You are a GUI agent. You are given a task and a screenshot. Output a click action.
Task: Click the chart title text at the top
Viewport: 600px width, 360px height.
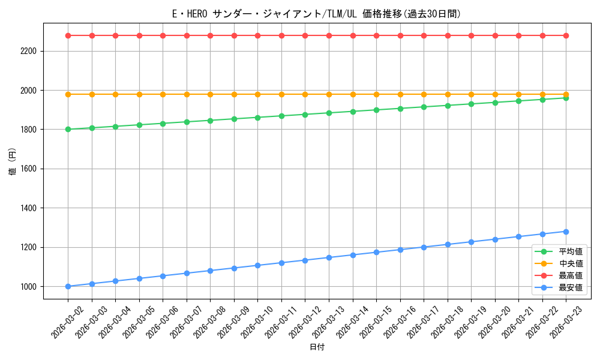pos(316,14)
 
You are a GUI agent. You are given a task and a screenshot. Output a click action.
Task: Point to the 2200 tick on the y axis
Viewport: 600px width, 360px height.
pos(29,51)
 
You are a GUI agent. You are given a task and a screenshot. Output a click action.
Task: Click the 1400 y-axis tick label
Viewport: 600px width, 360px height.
pos(29,208)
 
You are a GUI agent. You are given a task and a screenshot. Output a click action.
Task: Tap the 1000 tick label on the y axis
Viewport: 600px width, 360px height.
pos(29,287)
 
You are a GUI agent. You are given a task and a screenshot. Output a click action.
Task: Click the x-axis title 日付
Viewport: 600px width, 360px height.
pos(317,347)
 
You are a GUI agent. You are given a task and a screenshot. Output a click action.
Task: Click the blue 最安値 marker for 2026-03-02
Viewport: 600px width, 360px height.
pos(68,286)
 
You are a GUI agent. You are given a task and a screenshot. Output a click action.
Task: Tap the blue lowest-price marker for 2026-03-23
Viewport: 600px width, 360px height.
pos(566,232)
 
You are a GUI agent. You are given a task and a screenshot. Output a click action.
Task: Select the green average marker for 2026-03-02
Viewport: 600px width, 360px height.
pos(68,129)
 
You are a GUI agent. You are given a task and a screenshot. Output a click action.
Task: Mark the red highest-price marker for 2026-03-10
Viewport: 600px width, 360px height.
pos(257,35)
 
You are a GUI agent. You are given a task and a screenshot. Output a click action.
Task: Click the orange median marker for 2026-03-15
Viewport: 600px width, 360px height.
pos(376,94)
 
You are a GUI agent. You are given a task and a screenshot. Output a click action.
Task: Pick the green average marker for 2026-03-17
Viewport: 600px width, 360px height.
pos(424,107)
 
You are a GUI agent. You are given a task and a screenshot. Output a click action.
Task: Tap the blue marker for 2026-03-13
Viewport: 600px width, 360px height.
pos(329,257)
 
